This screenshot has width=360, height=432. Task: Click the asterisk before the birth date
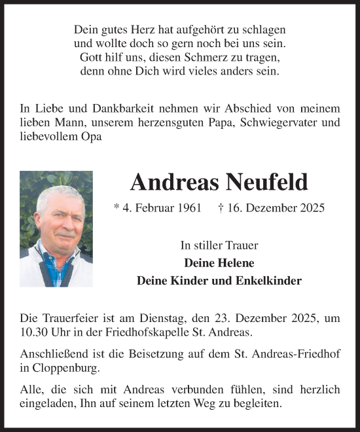coord(117,208)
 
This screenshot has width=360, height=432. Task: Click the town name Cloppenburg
coord(60,368)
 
